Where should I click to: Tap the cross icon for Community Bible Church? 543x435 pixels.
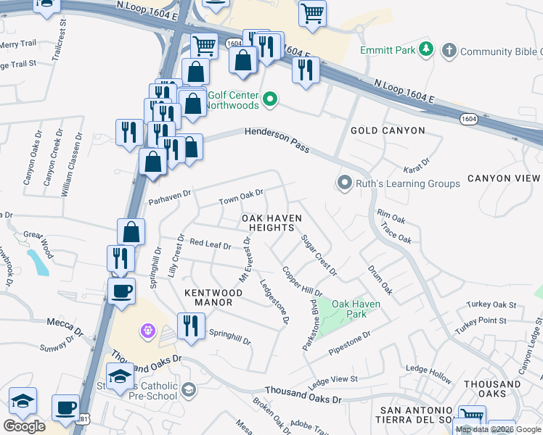[x=449, y=51]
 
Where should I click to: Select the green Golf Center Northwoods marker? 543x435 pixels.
[x=270, y=99]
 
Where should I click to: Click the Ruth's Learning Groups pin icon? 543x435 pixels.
[x=344, y=183]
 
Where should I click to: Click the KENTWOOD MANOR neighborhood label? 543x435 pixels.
[x=213, y=297]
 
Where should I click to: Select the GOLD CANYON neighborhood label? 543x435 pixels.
[x=387, y=130]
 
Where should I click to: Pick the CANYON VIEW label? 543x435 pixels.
[x=504, y=178]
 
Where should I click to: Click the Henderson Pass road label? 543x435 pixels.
[x=277, y=139]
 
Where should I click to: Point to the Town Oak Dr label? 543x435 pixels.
[x=241, y=196]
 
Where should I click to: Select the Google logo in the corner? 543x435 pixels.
[x=24, y=426]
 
